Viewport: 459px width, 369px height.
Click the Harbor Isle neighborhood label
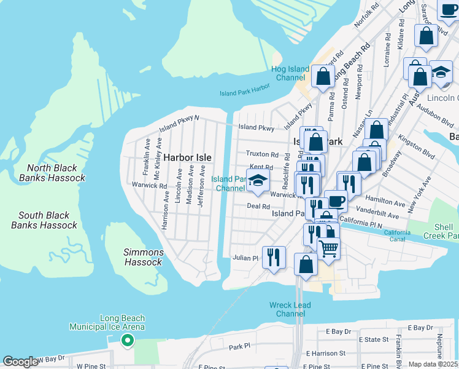[187, 157]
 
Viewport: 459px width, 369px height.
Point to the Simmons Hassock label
[144, 257]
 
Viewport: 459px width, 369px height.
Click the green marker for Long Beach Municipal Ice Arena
[128, 339]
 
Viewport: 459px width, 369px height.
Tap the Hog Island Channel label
[290, 73]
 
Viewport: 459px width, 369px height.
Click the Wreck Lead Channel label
[290, 309]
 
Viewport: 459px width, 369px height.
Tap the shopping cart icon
[329, 248]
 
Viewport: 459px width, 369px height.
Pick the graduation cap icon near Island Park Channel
[258, 180]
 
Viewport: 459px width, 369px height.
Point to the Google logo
[20, 362]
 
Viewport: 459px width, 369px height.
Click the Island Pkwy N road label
[179, 123]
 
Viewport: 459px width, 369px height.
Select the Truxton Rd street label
[262, 154]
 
